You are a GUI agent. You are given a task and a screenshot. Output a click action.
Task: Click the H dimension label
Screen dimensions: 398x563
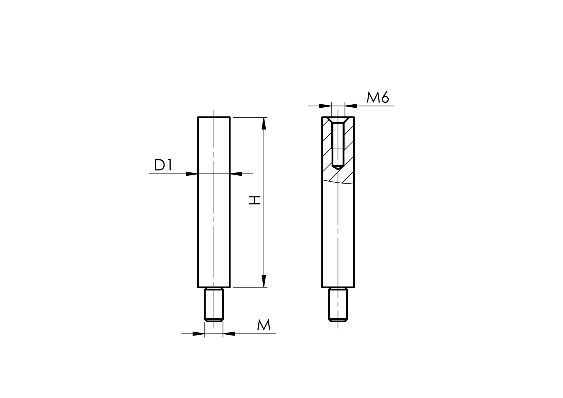point(255,200)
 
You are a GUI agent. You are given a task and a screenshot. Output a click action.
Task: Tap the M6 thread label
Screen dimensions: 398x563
point(378,97)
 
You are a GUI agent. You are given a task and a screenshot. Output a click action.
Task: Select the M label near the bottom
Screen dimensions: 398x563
point(264,325)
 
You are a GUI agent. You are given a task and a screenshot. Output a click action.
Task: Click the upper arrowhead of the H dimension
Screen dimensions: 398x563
point(264,123)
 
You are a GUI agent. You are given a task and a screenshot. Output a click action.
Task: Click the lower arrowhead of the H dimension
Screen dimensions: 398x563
point(264,281)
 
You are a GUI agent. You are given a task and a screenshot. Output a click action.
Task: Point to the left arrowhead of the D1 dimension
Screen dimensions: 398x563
point(192,174)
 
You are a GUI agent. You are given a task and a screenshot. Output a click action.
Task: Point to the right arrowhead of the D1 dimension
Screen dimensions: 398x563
point(236,174)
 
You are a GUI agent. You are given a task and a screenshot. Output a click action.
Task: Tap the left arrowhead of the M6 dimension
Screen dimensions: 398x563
point(325,106)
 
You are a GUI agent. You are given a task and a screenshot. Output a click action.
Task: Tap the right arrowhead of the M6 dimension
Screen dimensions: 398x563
point(351,106)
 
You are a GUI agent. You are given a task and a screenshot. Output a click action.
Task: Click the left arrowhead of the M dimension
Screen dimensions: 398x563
point(199,334)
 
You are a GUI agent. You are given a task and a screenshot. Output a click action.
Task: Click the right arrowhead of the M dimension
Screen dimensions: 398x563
point(229,334)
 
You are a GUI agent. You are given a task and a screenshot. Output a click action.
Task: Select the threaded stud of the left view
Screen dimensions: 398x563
point(214,304)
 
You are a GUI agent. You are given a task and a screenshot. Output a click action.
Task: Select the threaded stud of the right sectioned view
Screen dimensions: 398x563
point(338,304)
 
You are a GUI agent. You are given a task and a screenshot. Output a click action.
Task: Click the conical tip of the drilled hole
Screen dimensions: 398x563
point(338,168)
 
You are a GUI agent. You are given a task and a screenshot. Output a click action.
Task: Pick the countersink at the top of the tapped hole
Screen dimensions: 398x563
point(338,120)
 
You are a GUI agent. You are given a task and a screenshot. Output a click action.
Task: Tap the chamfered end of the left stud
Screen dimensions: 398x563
point(214,320)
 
